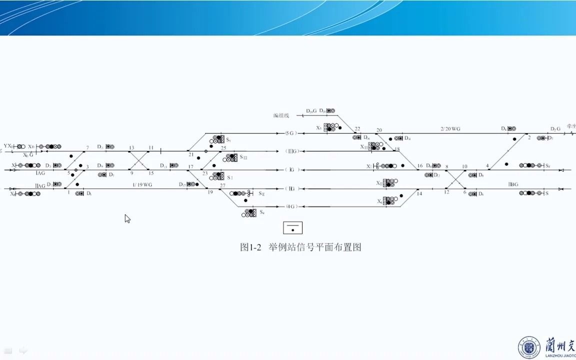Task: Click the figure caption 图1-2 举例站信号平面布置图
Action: coord(300,247)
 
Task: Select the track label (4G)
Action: coord(292,206)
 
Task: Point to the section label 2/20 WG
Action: coord(450,129)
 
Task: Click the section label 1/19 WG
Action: coord(142,185)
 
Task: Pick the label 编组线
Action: coord(281,115)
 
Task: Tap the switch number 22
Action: coord(357,129)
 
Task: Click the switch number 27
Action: coord(222,185)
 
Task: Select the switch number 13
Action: coord(131,148)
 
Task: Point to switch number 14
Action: coord(419,193)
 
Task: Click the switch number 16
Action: coord(420,166)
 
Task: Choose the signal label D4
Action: coord(407,138)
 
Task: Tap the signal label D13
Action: coord(163,165)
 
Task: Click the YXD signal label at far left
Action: coord(7,146)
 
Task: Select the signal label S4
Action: coord(261,212)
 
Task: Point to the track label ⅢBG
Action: coord(513,184)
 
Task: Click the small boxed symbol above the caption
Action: coord(293,227)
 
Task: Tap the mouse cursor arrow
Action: coord(127,218)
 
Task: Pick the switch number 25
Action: coord(223,148)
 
